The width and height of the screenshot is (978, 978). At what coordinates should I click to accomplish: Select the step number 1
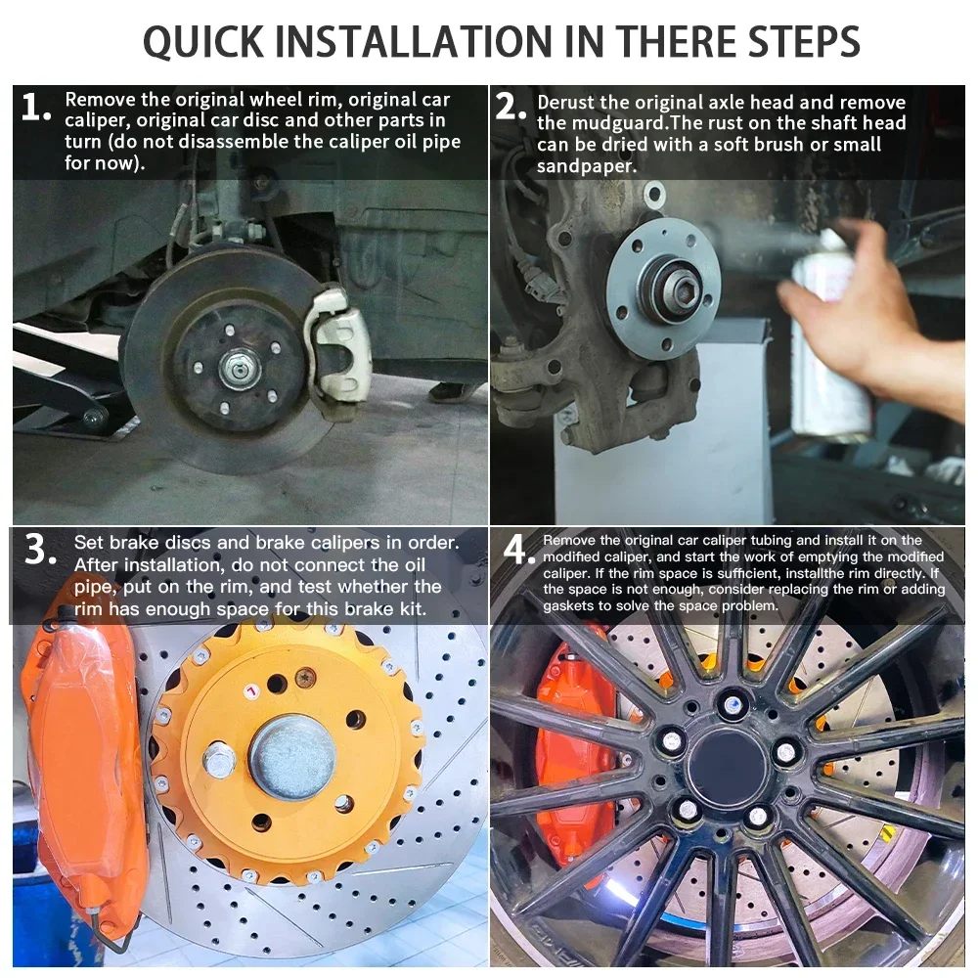(35, 107)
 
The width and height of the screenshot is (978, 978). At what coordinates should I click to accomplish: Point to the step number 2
(511, 107)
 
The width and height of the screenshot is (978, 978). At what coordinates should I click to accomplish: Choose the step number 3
(40, 550)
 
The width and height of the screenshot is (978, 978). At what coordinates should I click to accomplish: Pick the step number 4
(519, 550)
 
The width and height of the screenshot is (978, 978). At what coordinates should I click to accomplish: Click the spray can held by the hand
(830, 336)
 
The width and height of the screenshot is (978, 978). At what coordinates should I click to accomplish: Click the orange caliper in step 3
(84, 767)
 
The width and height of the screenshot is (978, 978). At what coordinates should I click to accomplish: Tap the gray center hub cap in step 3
(292, 757)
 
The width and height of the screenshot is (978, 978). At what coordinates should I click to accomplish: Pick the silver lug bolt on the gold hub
(219, 761)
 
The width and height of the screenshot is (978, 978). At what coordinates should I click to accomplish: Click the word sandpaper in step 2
(586, 166)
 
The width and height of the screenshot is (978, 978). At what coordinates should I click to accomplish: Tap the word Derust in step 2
(565, 102)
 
